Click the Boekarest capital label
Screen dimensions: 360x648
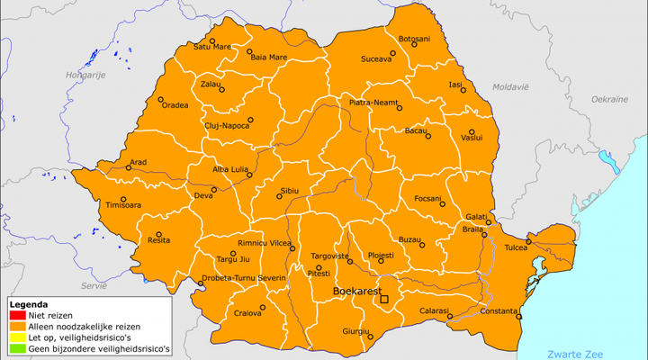pyautogui.click(x=355, y=292)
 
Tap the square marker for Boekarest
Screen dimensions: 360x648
pyautogui.click(x=384, y=299)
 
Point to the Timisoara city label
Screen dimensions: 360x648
pyautogui.click(x=123, y=205)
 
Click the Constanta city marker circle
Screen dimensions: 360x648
pyautogui.click(x=518, y=317)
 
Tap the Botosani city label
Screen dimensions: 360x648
pyautogui.click(x=414, y=39)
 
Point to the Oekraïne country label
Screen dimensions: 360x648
pyautogui.click(x=608, y=97)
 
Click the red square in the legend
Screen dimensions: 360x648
pyautogui.click(x=15, y=315)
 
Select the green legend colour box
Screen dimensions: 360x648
pyautogui.click(x=15, y=347)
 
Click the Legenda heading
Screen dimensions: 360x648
pyautogui.click(x=28, y=304)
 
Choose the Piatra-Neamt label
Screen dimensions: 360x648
pyautogui.click(x=373, y=103)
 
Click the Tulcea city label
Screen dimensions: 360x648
pyautogui.click(x=516, y=247)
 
